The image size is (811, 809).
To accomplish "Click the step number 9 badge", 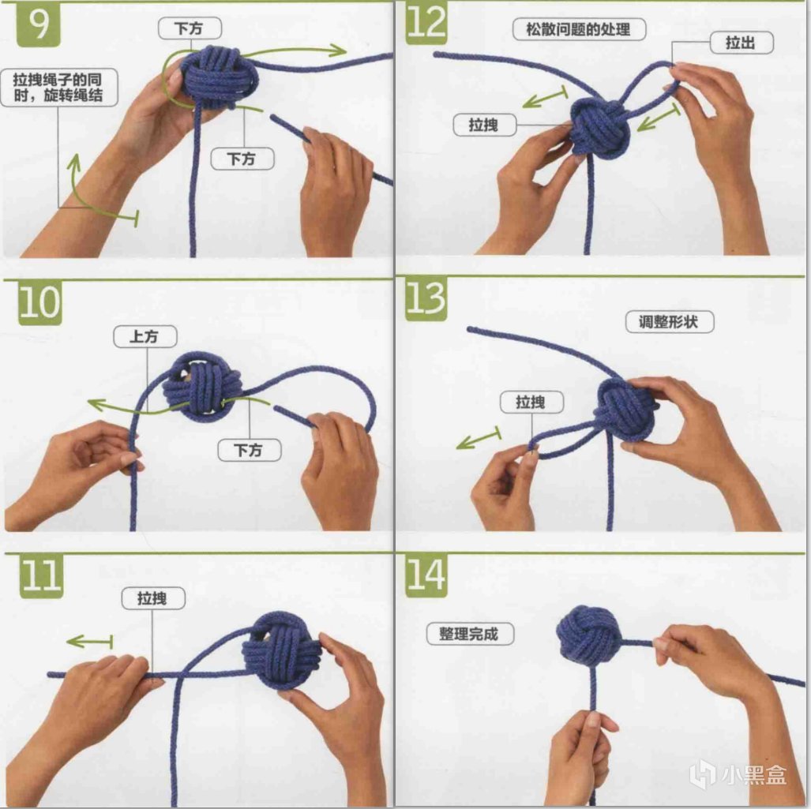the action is [x=38, y=24].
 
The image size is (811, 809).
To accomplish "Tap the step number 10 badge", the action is [x=39, y=302].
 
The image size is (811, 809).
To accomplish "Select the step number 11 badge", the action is [x=41, y=576].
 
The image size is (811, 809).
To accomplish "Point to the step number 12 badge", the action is [x=426, y=22].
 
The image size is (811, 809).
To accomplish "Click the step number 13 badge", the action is [x=426, y=299].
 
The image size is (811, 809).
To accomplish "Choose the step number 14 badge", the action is [x=426, y=575].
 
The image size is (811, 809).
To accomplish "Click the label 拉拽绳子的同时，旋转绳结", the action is [x=59, y=88].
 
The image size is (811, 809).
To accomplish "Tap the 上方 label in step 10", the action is [x=145, y=336].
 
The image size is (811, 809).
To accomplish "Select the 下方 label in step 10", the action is [x=250, y=450].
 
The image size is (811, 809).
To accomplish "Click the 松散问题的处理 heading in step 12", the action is [x=579, y=29].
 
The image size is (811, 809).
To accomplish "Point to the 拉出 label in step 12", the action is [x=742, y=43].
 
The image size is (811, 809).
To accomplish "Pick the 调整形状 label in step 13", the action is [x=670, y=321].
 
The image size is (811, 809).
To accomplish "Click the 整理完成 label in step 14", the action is [x=470, y=634].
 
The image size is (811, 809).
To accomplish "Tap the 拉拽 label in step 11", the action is [x=153, y=598].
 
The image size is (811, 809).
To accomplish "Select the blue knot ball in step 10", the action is [x=202, y=385].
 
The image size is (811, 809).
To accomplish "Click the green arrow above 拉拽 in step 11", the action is [x=89, y=642].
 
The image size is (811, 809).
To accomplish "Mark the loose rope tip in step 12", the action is [x=436, y=54].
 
